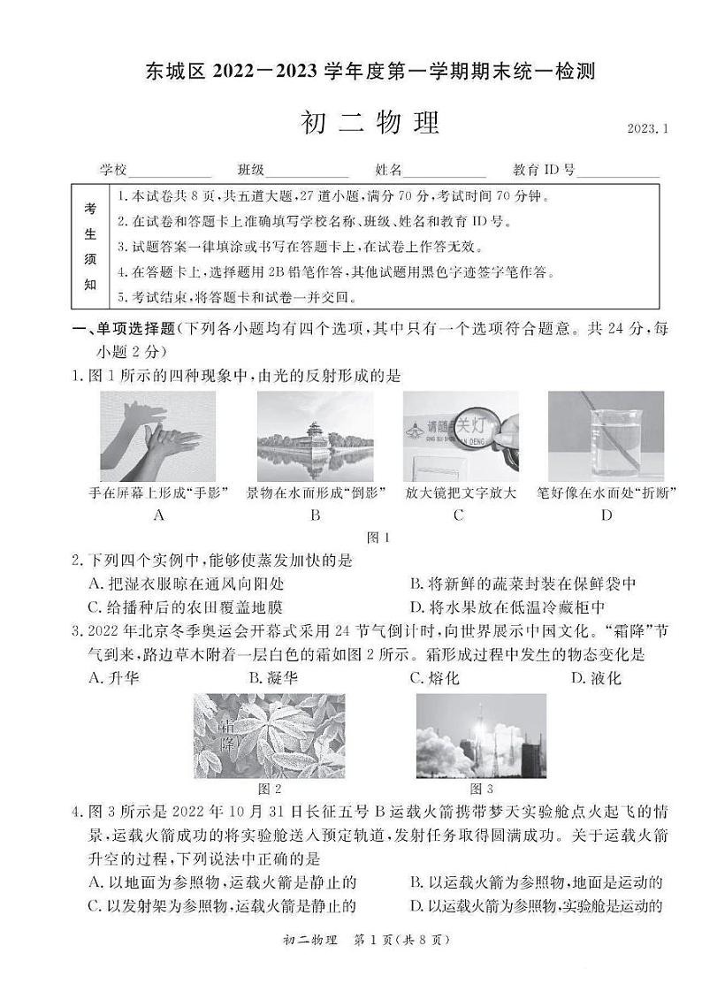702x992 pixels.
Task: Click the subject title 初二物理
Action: click(x=370, y=124)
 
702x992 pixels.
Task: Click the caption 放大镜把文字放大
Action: click(x=460, y=493)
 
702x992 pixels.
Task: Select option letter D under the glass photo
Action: click(x=606, y=515)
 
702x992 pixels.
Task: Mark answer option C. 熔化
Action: click(x=434, y=678)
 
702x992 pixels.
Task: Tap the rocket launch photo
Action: click(x=480, y=736)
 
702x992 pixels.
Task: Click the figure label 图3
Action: click(x=482, y=789)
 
